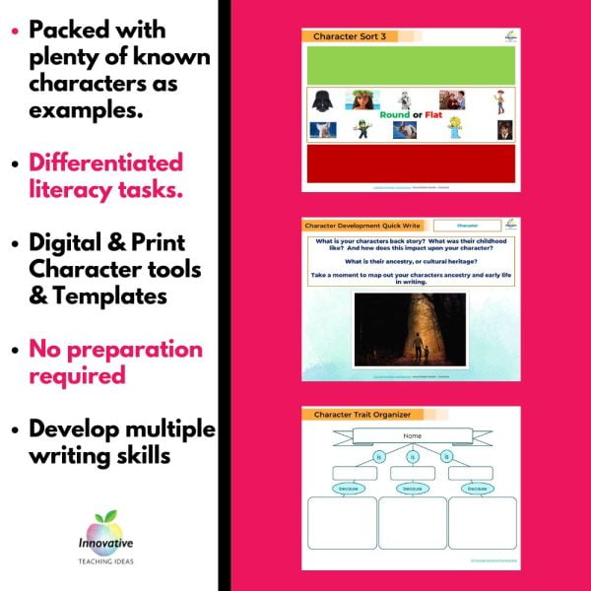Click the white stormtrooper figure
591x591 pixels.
click(403, 98)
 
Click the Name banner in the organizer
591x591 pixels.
click(412, 436)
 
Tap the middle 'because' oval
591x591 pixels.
click(413, 487)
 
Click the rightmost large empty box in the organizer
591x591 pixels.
click(483, 523)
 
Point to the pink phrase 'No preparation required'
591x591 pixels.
click(115, 362)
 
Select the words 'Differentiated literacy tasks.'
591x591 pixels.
click(105, 174)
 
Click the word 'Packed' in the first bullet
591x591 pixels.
click(69, 30)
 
